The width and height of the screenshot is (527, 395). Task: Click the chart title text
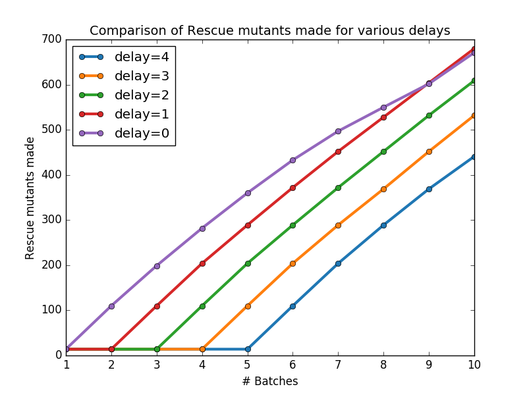click(x=269, y=31)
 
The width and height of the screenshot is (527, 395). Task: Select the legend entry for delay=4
click(x=124, y=57)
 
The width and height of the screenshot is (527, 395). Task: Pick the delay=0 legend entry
click(x=124, y=134)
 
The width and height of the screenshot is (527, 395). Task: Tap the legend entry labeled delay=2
click(x=124, y=95)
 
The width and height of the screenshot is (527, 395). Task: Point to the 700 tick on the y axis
click(x=52, y=39)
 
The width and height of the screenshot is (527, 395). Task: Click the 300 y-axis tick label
click(x=52, y=220)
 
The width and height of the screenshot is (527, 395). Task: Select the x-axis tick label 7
click(x=338, y=365)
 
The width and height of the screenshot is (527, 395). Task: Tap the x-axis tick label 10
click(x=474, y=365)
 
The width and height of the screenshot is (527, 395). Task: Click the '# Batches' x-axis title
click(x=270, y=382)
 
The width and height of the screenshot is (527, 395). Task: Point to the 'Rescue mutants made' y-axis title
click(x=30, y=198)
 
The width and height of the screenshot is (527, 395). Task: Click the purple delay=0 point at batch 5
click(x=248, y=193)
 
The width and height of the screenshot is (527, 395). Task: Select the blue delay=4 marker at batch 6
click(x=292, y=306)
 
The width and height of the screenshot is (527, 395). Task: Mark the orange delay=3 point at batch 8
click(x=383, y=189)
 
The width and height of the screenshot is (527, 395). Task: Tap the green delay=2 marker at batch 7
click(x=338, y=188)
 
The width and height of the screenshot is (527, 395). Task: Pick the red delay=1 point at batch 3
click(x=157, y=306)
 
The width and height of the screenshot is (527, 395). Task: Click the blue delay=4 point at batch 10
click(x=474, y=157)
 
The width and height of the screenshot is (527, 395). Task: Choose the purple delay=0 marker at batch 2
click(x=111, y=306)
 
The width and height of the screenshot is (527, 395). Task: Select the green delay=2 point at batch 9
click(x=429, y=116)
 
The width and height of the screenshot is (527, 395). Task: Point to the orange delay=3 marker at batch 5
click(x=248, y=306)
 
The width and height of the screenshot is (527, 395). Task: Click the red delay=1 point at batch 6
click(x=292, y=188)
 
